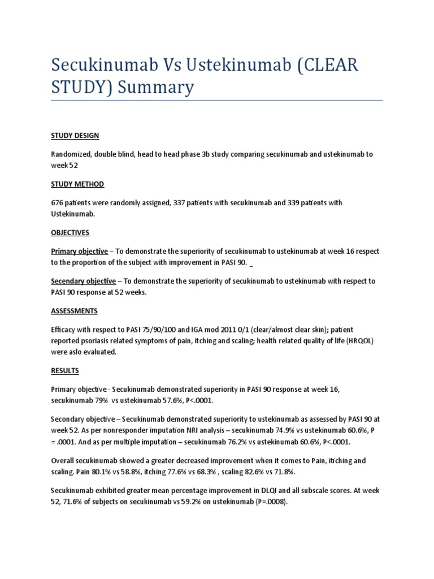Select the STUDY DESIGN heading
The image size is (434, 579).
[75, 136]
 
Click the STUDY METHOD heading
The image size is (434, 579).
[77, 184]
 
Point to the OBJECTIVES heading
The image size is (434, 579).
[70, 232]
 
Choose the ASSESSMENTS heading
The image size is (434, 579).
[74, 311]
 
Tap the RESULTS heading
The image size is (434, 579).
[65, 371]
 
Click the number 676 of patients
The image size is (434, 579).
[58, 202]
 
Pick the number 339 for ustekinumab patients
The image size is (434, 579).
[281, 202]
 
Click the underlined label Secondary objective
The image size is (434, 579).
[84, 281]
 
